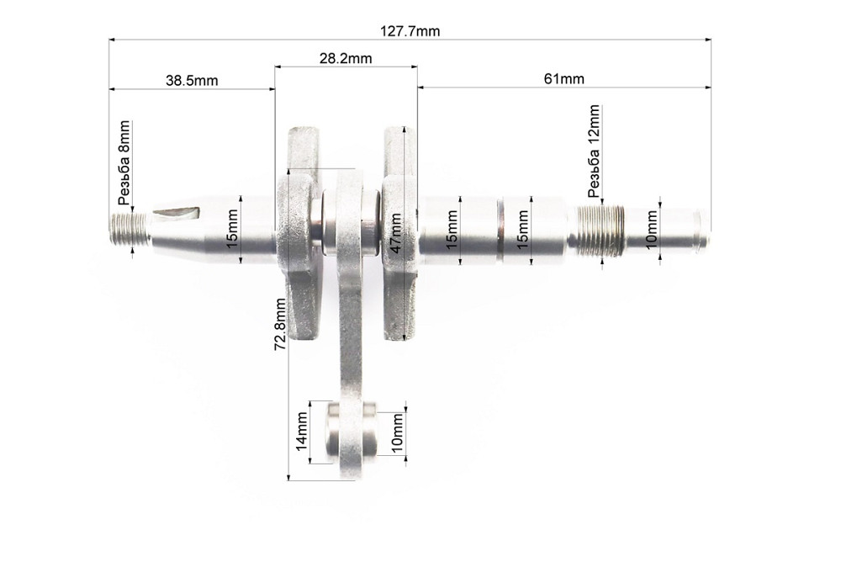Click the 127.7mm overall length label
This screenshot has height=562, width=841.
tap(410, 31)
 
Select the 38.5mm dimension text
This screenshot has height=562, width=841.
tap(191, 81)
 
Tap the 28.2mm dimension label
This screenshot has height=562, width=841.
tap(346, 59)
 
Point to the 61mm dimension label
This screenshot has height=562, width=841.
tap(563, 79)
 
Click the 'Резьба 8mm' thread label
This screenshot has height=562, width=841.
tap(124, 163)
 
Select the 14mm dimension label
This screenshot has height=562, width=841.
tap(300, 432)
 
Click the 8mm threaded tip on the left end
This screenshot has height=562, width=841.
tap(129, 230)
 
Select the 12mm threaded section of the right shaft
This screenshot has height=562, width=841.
tap(600, 231)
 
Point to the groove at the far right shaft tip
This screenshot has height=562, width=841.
tap(695, 232)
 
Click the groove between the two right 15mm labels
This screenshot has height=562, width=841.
tap(498, 230)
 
